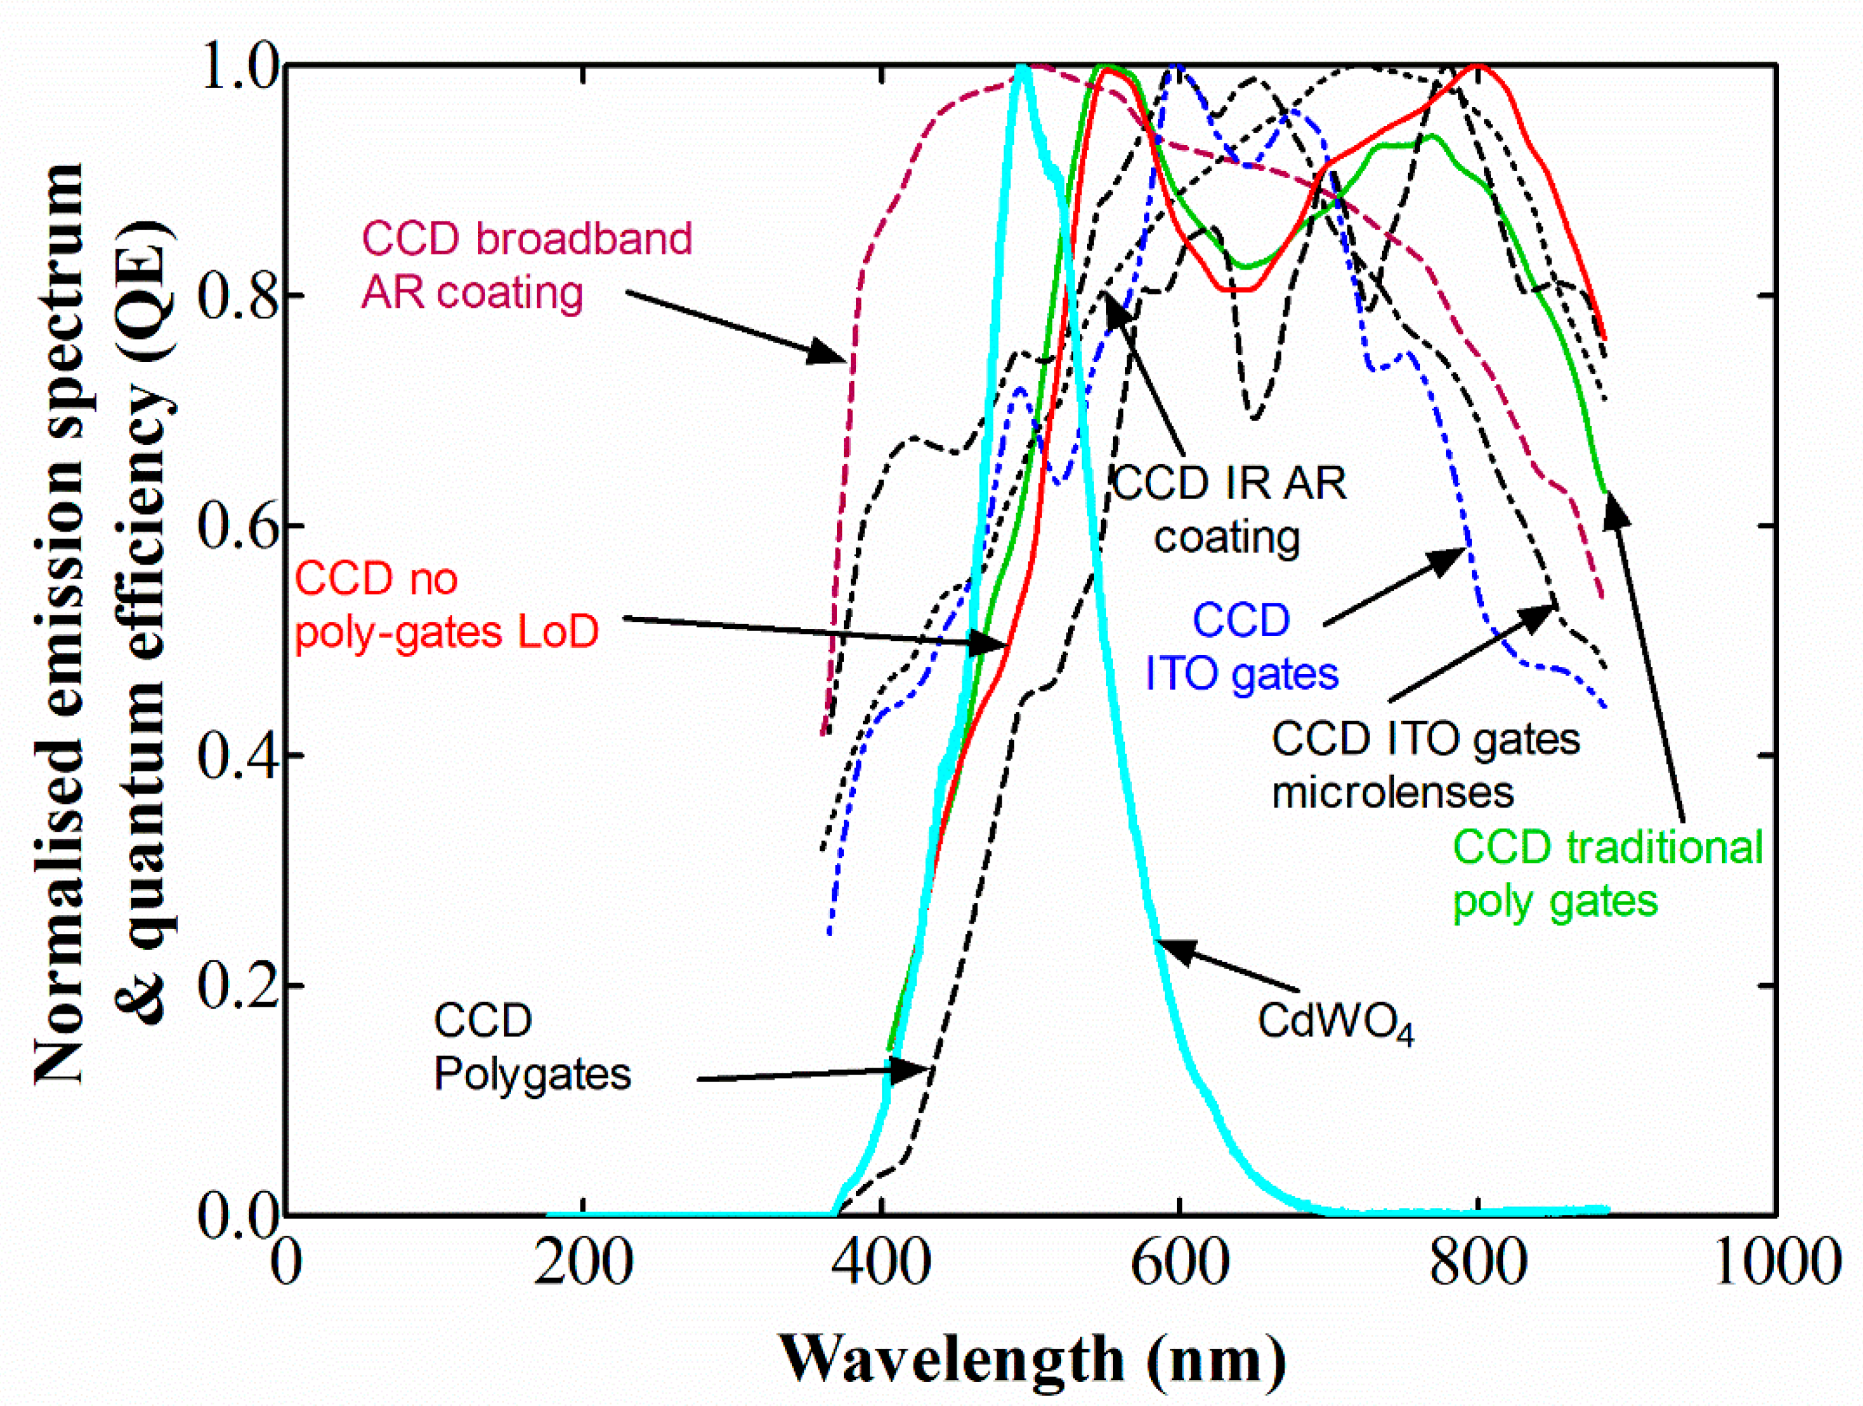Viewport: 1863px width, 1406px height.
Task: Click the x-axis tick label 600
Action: [x=1179, y=1264]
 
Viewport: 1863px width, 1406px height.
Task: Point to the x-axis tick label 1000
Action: [x=1775, y=1264]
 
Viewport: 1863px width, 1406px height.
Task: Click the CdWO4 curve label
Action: [x=1335, y=1023]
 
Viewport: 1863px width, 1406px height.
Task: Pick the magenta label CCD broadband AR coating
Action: [x=526, y=265]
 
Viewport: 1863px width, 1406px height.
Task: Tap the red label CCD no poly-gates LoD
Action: [x=446, y=605]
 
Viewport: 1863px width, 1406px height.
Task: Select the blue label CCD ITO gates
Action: [x=1241, y=647]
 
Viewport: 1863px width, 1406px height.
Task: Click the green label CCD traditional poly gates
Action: [x=1607, y=874]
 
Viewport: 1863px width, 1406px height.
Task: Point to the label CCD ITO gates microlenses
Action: [x=1425, y=766]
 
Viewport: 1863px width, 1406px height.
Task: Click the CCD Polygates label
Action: [x=531, y=1047]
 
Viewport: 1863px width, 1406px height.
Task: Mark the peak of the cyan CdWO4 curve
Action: [x=1021, y=67]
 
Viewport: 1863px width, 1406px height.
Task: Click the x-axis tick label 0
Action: [x=287, y=1264]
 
